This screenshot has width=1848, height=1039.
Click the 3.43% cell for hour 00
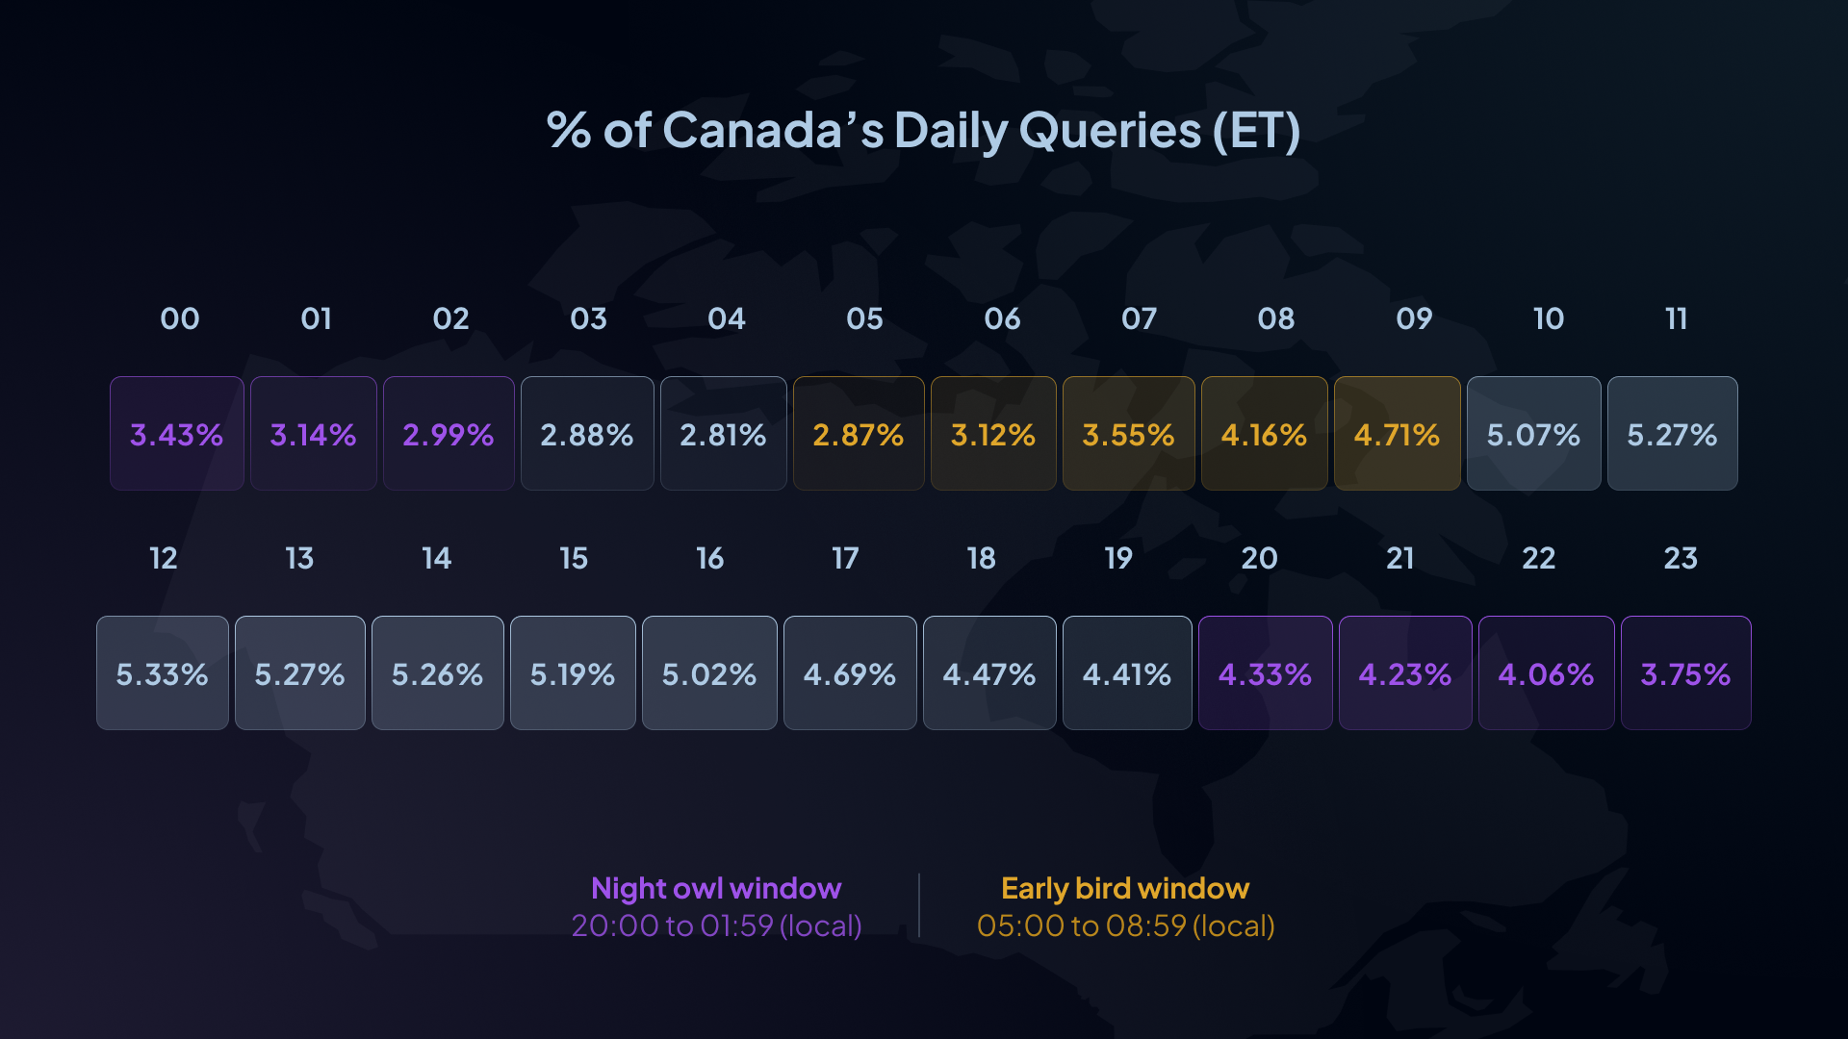pyautogui.click(x=177, y=434)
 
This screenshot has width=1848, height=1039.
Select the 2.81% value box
pyautogui.click(x=723, y=434)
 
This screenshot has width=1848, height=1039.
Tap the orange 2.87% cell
pyautogui.click(x=859, y=434)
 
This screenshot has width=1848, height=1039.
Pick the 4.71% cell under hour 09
pyautogui.click(x=1397, y=434)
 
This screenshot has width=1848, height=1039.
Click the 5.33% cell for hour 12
pyautogui.click(x=163, y=673)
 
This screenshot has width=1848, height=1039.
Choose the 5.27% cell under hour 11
pyautogui.click(x=1672, y=434)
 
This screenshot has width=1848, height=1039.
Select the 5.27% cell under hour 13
pyautogui.click(x=299, y=673)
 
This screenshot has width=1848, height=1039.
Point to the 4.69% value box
pyautogui.click(x=850, y=673)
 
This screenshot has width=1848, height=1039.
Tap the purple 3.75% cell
pyautogui.click(x=1685, y=673)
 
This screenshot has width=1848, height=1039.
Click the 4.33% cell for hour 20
pyautogui.click(x=1265, y=673)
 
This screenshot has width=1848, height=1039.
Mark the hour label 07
pyautogui.click(x=1139, y=318)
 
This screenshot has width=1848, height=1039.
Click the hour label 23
pyautogui.click(x=1681, y=558)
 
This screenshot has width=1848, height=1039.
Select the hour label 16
pyautogui.click(x=709, y=558)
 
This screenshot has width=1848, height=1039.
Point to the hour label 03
pyautogui.click(x=588, y=318)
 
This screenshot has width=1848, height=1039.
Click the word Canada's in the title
pyautogui.click(x=773, y=131)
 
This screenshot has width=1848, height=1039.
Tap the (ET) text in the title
pyautogui.click(x=1256, y=131)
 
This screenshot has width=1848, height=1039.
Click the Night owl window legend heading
pyautogui.click(x=716, y=888)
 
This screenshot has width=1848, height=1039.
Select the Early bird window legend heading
pyautogui.click(x=1125, y=888)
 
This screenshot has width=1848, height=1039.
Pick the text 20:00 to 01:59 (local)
pyautogui.click(x=716, y=925)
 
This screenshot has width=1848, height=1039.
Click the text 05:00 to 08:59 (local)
pyautogui.click(x=1125, y=925)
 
